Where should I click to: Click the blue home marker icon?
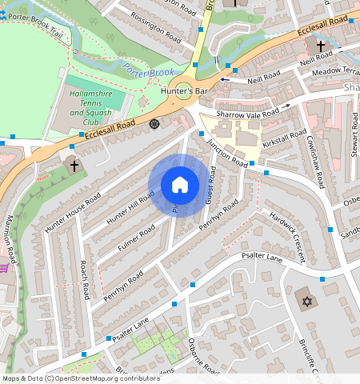pyautogui.click(x=180, y=185)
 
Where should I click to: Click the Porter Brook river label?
pyautogui.click(x=149, y=73)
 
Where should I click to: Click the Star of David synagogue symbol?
pyautogui.click(x=305, y=302)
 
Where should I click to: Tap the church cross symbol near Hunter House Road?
pyautogui.click(x=74, y=166)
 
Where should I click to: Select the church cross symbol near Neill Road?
pyautogui.click(x=321, y=47)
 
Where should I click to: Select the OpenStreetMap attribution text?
pyautogui.click(x=81, y=378)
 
